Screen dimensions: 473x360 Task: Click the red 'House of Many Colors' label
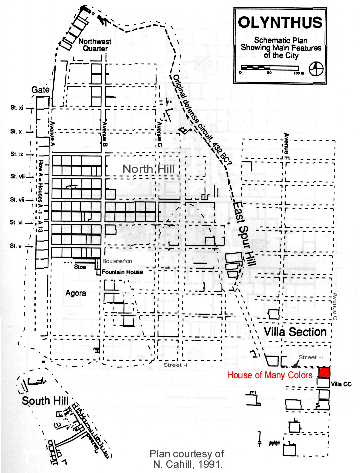click(270, 375)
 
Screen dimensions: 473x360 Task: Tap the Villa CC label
click(341, 384)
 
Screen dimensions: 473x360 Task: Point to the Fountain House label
click(123, 272)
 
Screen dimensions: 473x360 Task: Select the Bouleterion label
click(117, 261)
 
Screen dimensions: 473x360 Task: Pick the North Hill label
click(149, 169)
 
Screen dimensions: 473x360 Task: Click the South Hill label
click(43, 400)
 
